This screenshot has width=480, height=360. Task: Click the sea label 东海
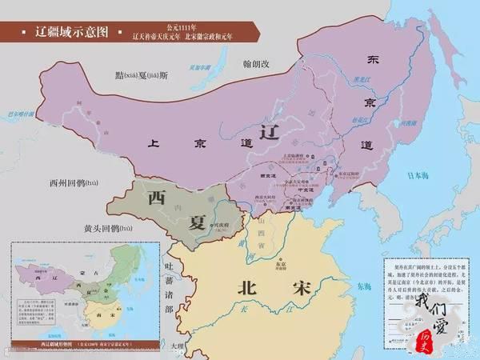click(x=364, y=286)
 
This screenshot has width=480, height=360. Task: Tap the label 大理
click(x=177, y=346)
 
